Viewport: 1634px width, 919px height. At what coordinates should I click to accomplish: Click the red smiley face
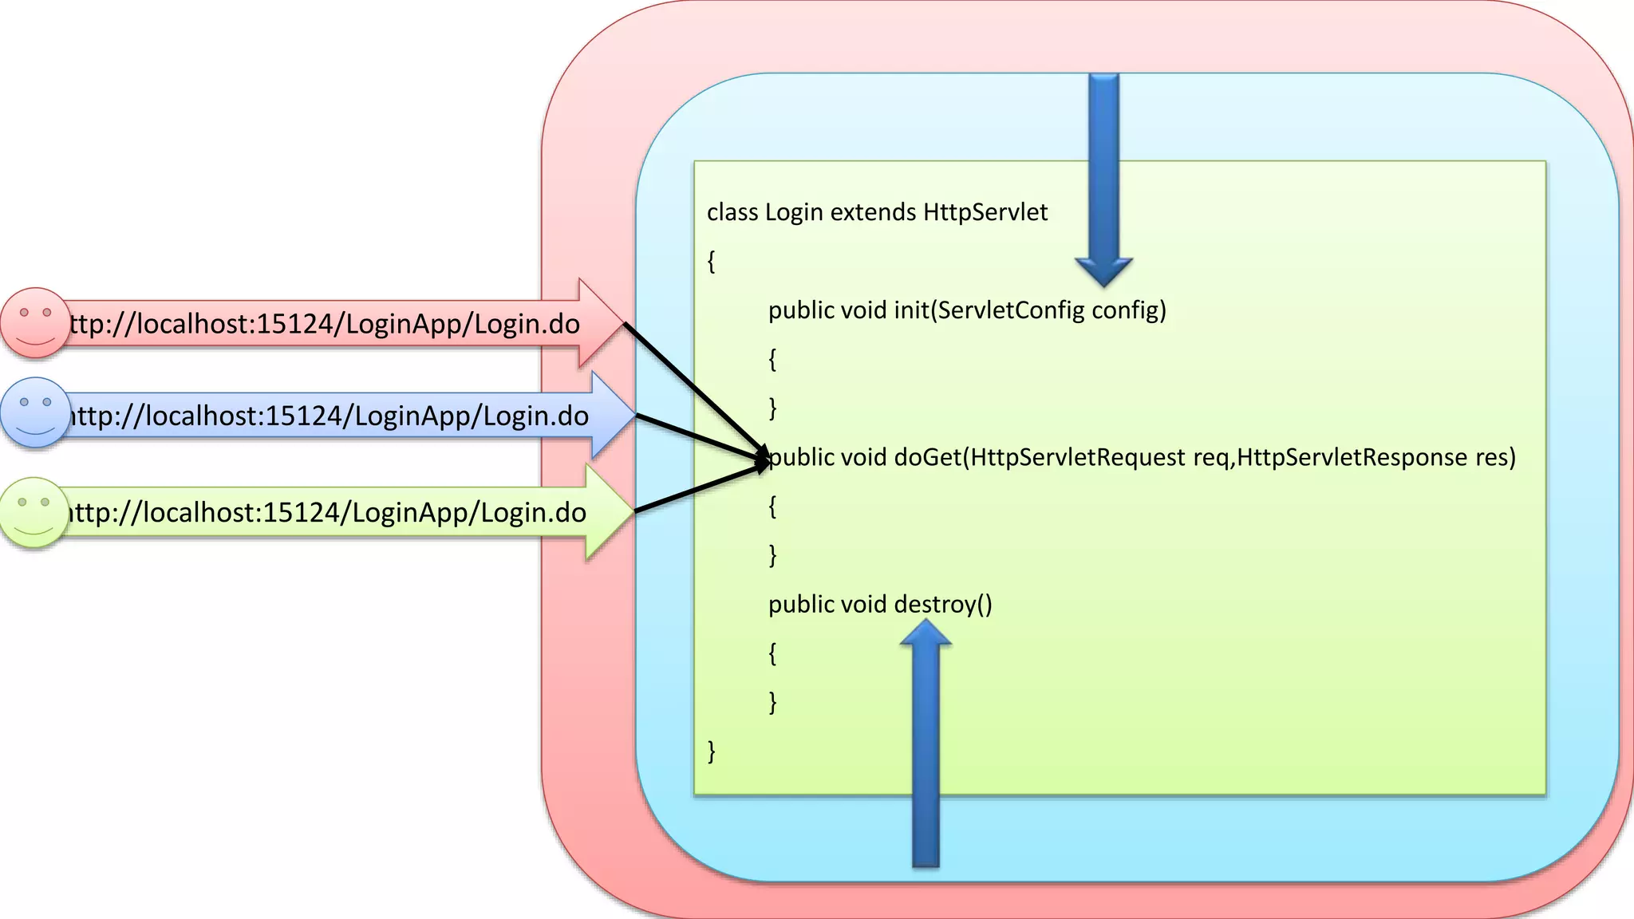click(x=34, y=322)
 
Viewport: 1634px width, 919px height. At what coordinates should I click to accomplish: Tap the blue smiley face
click(x=35, y=412)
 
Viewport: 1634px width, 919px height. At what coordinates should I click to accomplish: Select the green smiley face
click(x=34, y=512)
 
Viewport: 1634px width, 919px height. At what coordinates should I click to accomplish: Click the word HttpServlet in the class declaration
click(x=985, y=212)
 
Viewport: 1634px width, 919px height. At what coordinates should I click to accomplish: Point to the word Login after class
click(x=793, y=212)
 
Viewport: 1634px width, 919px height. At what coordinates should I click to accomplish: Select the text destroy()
click(x=943, y=604)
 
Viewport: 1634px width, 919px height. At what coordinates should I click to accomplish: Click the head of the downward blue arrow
click(x=1103, y=270)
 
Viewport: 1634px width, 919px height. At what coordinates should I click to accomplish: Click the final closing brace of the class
click(x=711, y=751)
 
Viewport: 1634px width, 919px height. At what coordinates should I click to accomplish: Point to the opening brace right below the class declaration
click(x=711, y=261)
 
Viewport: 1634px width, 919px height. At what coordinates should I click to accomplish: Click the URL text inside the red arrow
click(x=323, y=324)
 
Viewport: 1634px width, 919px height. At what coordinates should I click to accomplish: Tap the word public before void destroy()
click(x=800, y=604)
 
